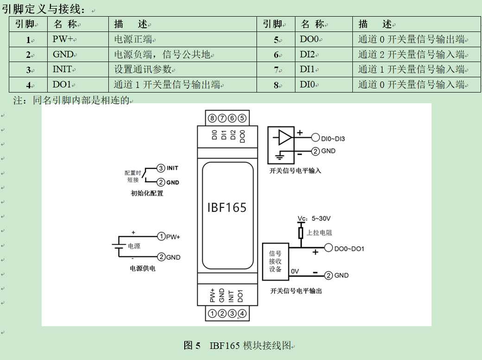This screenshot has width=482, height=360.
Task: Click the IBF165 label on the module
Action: tap(227, 207)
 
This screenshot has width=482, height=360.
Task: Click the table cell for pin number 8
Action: tap(276, 85)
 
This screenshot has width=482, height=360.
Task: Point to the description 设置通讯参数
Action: tap(144, 70)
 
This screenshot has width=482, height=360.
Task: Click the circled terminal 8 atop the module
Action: tap(213, 118)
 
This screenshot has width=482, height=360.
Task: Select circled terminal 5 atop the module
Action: tap(243, 118)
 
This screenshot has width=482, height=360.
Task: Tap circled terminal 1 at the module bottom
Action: tap(212, 314)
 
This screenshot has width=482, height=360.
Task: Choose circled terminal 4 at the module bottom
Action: tap(242, 314)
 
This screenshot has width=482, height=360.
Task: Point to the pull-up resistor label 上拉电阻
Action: tap(319, 233)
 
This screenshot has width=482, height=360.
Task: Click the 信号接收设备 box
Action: tap(275, 261)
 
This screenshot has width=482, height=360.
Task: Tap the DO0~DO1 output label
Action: tap(349, 249)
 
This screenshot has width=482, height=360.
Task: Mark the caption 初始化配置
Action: tap(147, 193)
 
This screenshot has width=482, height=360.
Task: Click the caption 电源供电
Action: tap(143, 268)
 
